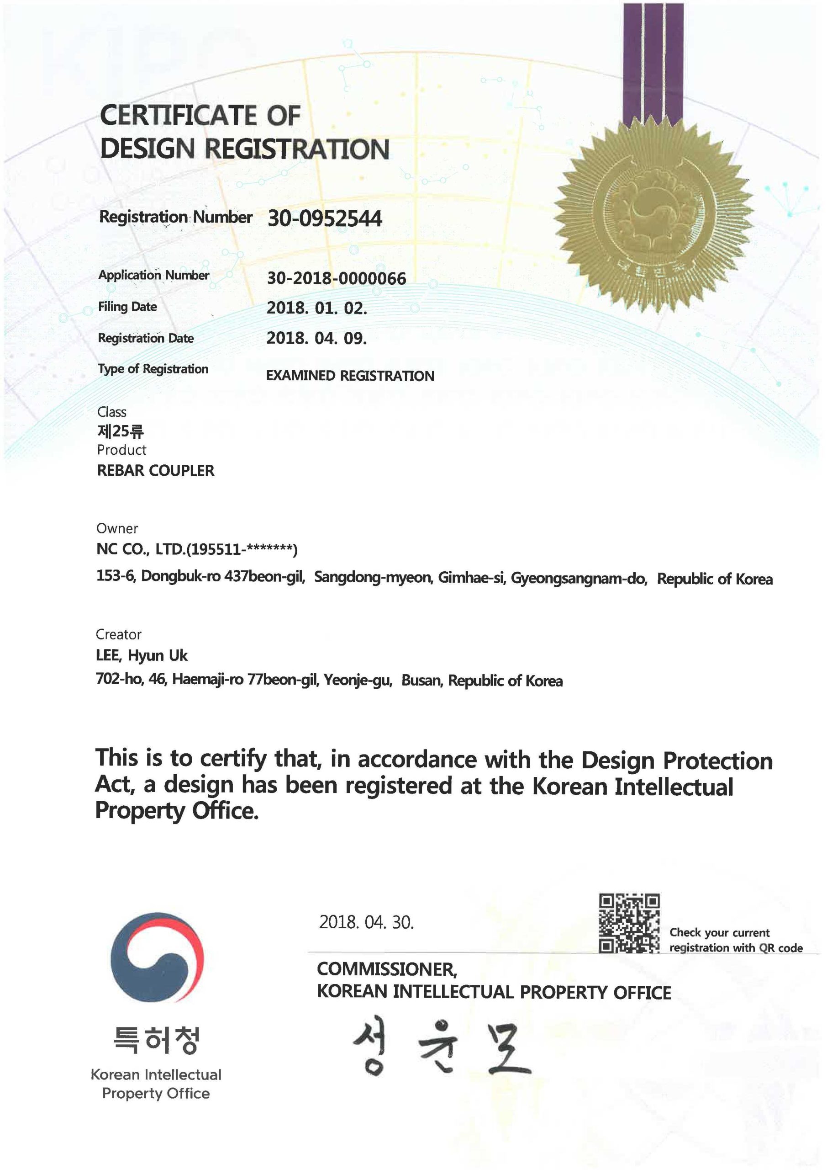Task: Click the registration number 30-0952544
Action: tap(324, 218)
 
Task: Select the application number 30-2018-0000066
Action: tap(336, 278)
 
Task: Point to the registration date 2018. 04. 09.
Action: tap(316, 338)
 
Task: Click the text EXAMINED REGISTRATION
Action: tap(350, 376)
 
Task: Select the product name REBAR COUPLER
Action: tap(155, 470)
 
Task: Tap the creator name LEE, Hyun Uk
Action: tap(142, 655)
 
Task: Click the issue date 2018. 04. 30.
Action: tap(366, 922)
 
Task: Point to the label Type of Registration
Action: tap(153, 369)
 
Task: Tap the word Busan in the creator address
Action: tap(421, 681)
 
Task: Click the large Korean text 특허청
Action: tap(156, 1040)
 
